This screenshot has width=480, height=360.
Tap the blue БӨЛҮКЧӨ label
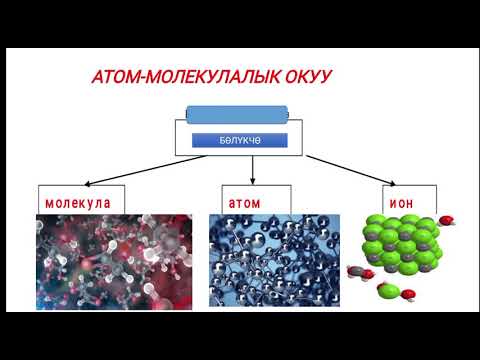coord(240,141)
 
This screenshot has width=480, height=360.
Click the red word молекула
coord(77,201)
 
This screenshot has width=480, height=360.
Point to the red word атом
coord(243,201)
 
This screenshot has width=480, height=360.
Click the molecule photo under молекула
coord(112,257)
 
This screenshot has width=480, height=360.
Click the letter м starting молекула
coord(48,201)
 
